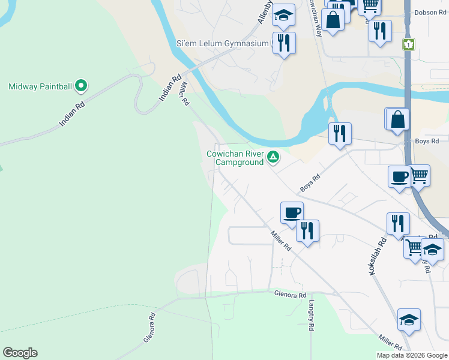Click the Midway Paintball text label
point(40,87)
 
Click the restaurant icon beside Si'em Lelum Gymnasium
point(284,43)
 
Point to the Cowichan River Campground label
point(235,158)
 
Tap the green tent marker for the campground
point(273,157)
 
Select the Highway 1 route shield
point(409,44)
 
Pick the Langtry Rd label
point(312,317)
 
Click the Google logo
point(20,353)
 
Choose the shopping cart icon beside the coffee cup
point(419,175)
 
